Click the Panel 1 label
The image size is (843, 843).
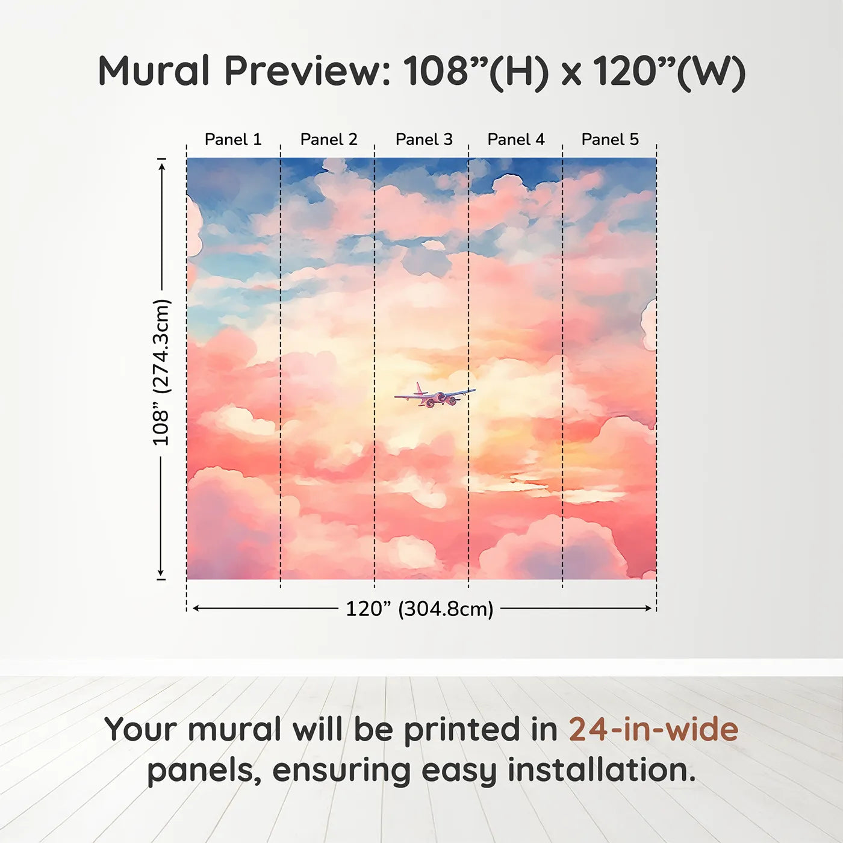(233, 140)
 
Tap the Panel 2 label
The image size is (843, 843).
(329, 140)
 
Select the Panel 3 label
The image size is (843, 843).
(423, 140)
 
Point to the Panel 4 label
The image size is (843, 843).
(516, 140)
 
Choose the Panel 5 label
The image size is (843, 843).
(610, 140)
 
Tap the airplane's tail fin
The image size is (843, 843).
(419, 388)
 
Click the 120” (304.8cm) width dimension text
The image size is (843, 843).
(420, 609)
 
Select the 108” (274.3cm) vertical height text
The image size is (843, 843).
(161, 373)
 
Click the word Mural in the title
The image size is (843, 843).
(154, 71)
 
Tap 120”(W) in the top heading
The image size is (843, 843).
(670, 72)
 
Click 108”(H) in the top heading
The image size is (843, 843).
(476, 72)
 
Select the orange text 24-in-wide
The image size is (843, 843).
(653, 729)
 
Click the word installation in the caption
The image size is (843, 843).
(602, 770)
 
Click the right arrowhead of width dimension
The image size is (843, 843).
(648, 608)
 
